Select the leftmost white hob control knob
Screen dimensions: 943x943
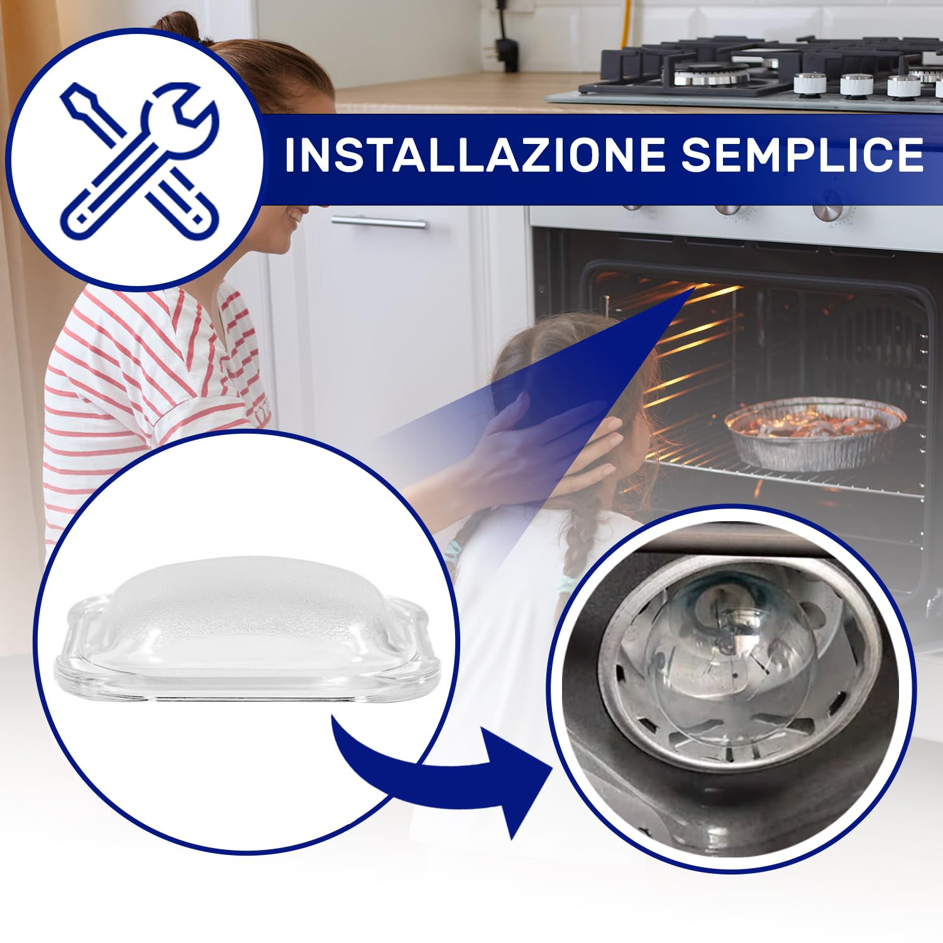pos(810,84)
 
